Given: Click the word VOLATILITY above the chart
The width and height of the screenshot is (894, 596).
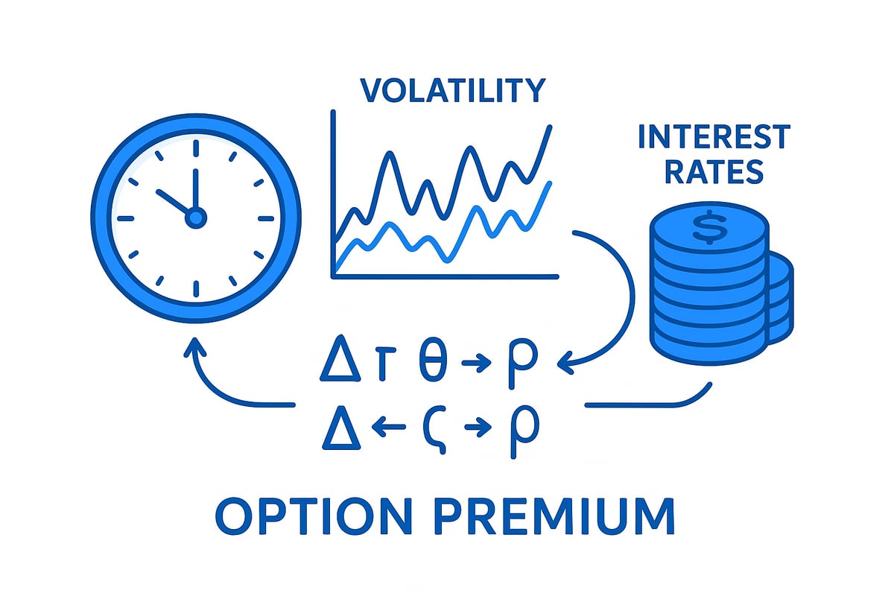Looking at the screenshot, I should click(452, 90).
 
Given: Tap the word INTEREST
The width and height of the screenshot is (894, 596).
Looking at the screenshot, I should click(714, 138).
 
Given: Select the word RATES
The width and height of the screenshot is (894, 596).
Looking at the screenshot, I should click(714, 172).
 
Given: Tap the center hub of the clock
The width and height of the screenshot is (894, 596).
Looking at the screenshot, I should click(195, 218).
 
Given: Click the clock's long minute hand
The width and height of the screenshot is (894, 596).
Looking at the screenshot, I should click(195, 190).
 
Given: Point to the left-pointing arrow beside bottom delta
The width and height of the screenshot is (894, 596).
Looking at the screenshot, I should click(387, 428).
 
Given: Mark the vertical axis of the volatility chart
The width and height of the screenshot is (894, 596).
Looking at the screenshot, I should click(333, 194).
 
